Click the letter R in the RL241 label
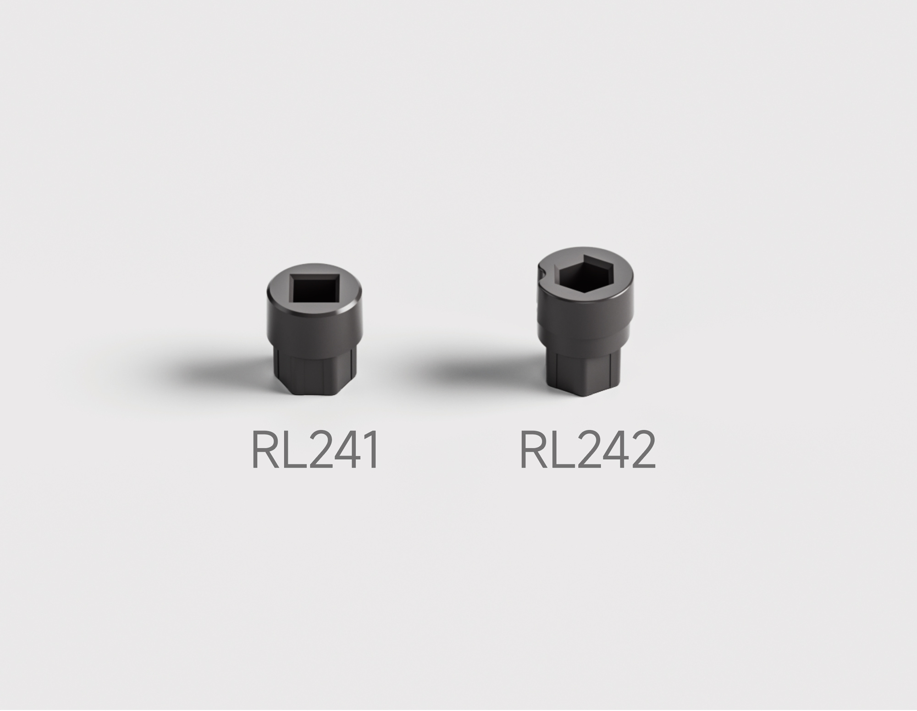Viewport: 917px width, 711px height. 264,451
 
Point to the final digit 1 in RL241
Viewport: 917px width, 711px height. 369,451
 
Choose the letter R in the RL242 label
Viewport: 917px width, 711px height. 532,451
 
